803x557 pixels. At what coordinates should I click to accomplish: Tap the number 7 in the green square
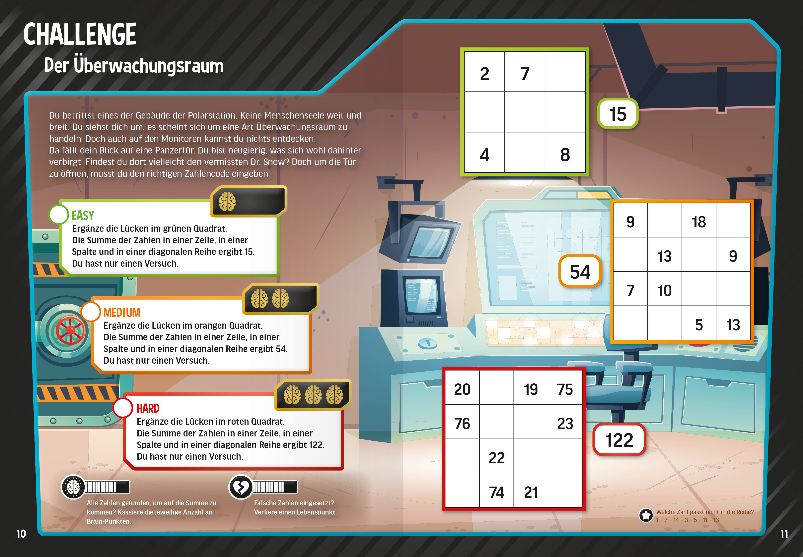[525, 74]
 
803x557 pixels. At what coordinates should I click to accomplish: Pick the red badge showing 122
[619, 440]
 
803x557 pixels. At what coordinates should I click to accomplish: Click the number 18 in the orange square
[699, 222]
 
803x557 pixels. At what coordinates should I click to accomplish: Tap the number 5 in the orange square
[699, 325]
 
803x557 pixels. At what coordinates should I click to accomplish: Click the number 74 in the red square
[496, 492]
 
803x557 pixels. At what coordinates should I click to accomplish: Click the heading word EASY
[83, 215]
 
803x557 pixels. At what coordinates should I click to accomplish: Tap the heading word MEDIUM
[122, 312]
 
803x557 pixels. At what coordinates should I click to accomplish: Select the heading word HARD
[148, 408]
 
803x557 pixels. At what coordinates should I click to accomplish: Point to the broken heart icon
[240, 487]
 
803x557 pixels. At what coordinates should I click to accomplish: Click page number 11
[784, 534]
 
